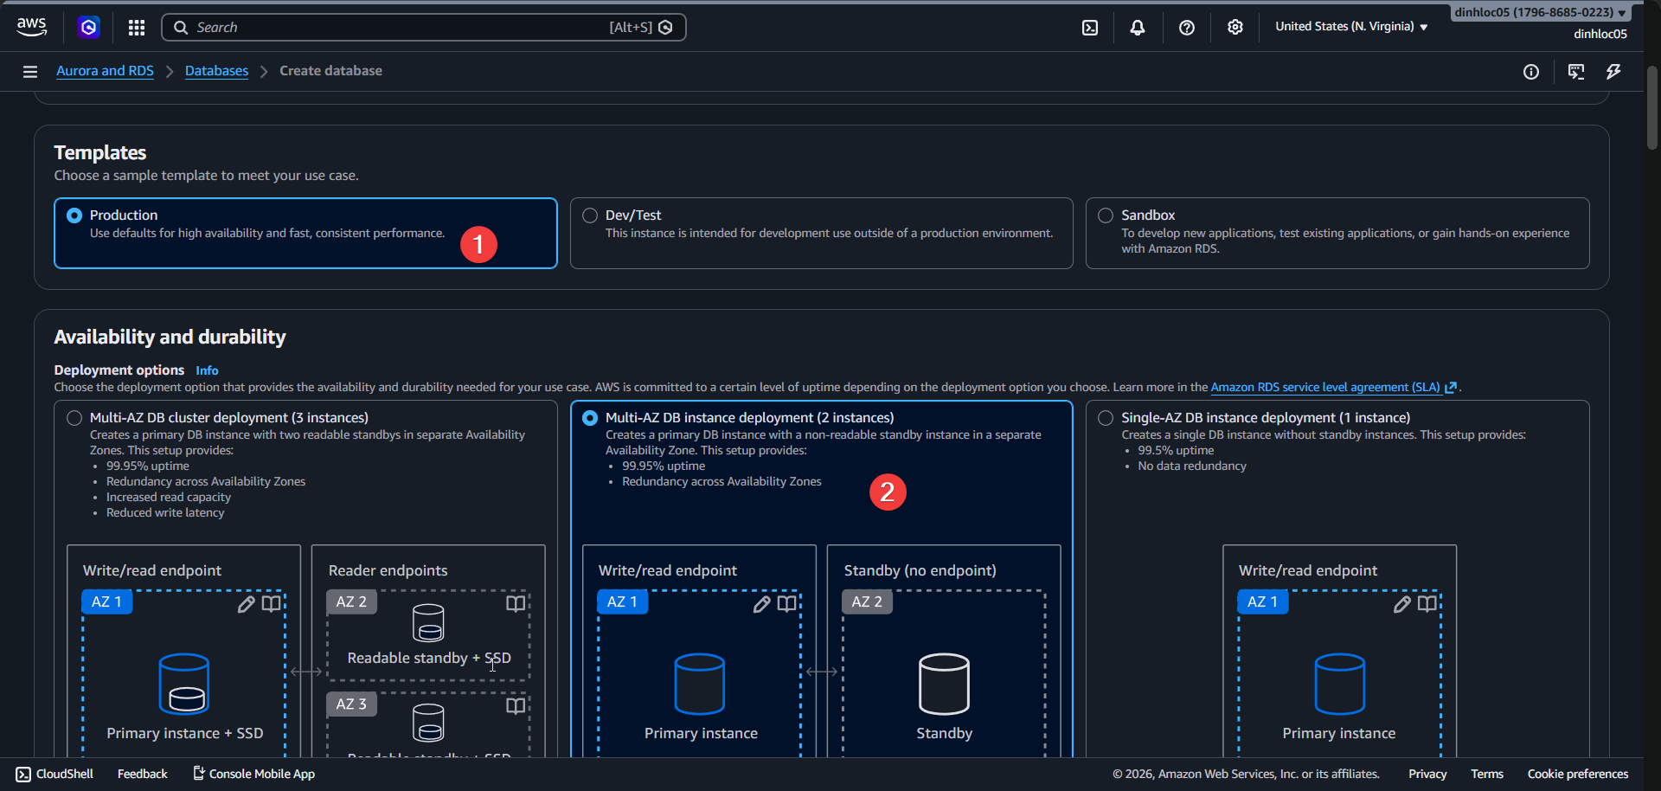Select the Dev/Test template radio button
pyautogui.click(x=590, y=215)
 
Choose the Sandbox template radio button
pyautogui.click(x=1106, y=215)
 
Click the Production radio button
pyautogui.click(x=74, y=215)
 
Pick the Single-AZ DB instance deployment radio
pyautogui.click(x=1106, y=418)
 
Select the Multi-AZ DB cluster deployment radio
pyautogui.click(x=74, y=418)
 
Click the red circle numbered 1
pyautogui.click(x=478, y=245)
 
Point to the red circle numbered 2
pyautogui.click(x=887, y=492)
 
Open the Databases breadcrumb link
pyautogui.click(x=216, y=71)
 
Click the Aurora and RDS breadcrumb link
pyautogui.click(x=105, y=71)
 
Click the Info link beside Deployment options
pyautogui.click(x=207, y=370)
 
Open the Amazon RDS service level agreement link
pyautogui.click(x=1324, y=388)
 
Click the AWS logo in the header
pyautogui.click(x=31, y=27)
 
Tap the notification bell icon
pyautogui.click(x=1138, y=28)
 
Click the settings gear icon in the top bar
pyautogui.click(x=1235, y=28)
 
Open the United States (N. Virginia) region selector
pyautogui.click(x=1350, y=27)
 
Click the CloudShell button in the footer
pyautogui.click(x=55, y=774)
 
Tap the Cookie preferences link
pyautogui.click(x=1577, y=774)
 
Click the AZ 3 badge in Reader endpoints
pyautogui.click(x=351, y=704)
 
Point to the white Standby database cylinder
pyautogui.click(x=944, y=684)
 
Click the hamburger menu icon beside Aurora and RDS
pyautogui.click(x=30, y=72)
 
